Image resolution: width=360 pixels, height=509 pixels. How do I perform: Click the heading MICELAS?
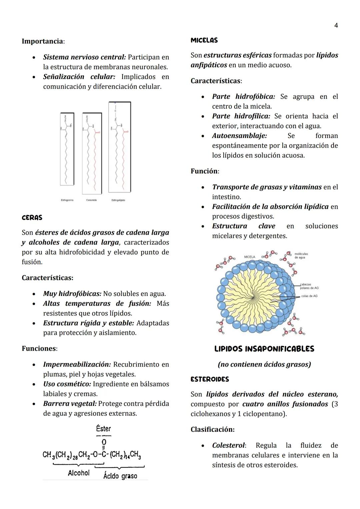[204, 40]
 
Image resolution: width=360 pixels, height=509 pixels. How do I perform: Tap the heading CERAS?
[32, 218]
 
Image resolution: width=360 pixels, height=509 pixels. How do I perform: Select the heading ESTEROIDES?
[210, 379]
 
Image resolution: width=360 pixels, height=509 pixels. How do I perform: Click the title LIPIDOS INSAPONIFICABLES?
[264, 349]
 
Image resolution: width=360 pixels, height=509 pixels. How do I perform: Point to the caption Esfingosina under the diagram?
[67, 200]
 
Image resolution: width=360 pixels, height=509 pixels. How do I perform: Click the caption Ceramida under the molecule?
[91, 200]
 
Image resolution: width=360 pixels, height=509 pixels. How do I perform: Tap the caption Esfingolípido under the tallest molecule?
[118, 200]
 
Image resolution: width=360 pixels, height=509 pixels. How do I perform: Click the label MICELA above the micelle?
[249, 257]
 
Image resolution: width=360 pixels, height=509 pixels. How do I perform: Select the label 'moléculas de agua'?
[301, 256]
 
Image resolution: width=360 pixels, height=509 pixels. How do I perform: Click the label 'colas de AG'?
[309, 296]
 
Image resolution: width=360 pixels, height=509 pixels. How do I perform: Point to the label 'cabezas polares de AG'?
[309, 286]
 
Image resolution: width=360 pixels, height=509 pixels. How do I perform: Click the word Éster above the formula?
[103, 429]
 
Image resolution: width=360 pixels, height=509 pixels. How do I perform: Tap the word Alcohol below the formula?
[79, 473]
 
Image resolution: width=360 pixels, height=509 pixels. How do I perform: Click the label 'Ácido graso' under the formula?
[120, 476]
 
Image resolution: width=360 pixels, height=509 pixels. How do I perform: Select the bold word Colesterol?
[228, 446]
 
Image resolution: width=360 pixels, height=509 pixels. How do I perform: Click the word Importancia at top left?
[42, 41]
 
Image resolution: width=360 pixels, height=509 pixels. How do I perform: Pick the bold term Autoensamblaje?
[239, 136]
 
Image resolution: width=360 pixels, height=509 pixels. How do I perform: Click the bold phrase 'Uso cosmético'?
[67, 384]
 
